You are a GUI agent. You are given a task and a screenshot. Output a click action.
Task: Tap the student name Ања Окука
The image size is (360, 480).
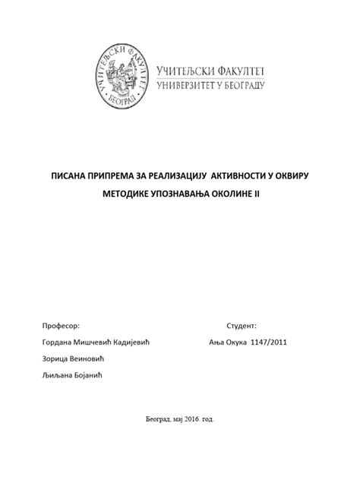tap(225, 342)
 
